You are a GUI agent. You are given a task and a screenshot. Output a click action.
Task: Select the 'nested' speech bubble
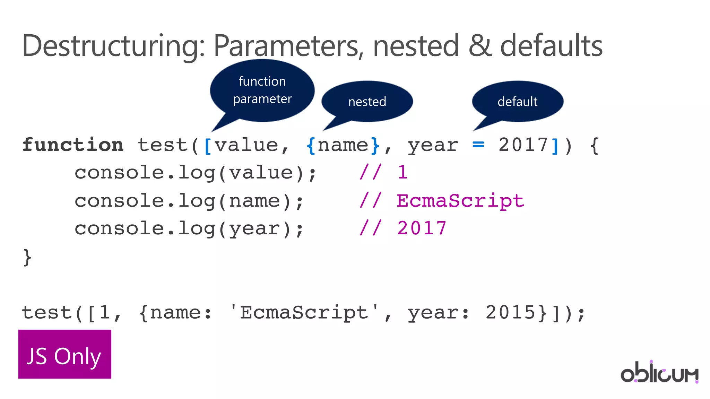tap(367, 102)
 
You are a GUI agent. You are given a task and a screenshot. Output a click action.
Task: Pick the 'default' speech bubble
tap(517, 102)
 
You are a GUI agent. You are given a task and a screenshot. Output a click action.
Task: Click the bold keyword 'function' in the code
tap(73, 145)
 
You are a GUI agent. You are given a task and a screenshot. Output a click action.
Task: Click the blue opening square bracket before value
tap(208, 146)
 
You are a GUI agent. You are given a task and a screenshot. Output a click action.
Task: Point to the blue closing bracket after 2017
tap(555, 146)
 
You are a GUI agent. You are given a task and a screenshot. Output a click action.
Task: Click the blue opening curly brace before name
tap(311, 146)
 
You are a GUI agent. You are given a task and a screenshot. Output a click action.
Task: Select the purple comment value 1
tap(402, 173)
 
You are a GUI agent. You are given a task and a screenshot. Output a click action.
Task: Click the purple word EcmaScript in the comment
tap(460, 201)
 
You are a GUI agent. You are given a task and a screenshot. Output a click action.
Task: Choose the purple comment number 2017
tap(422, 228)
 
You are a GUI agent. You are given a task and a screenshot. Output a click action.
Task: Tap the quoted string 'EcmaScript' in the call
tap(304, 313)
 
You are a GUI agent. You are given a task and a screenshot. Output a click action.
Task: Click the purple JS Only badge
tap(65, 354)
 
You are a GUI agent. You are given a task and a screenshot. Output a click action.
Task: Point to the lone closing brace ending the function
tap(27, 257)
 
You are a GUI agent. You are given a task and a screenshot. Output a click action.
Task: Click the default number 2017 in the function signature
tap(523, 145)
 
